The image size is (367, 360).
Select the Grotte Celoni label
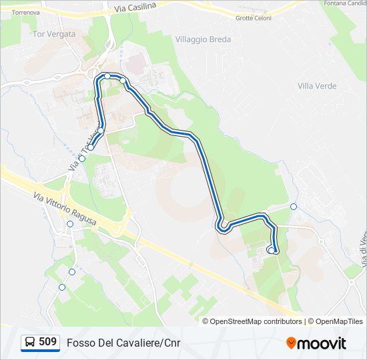click(x=253, y=18)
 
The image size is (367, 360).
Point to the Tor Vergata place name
click(x=53, y=33)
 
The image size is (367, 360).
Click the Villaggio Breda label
click(x=203, y=39)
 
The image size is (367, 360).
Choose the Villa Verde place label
click(x=317, y=86)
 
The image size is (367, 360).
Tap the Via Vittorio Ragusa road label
click(x=65, y=207)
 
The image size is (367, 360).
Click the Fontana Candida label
click(x=344, y=3)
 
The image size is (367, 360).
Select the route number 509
click(x=47, y=342)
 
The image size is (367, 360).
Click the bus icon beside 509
click(x=30, y=343)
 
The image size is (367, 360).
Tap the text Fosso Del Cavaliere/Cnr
click(x=123, y=343)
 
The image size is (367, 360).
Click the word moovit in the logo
click(x=322, y=343)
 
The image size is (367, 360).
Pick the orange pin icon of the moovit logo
click(x=291, y=343)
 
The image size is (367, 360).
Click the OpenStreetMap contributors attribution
click(x=256, y=321)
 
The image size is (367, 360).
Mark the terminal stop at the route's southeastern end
click(x=271, y=250)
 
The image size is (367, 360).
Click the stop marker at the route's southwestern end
click(x=91, y=147)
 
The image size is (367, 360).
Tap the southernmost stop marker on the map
click(x=62, y=287)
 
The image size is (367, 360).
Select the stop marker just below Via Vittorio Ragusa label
click(x=70, y=224)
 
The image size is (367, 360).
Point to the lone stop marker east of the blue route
click(x=294, y=207)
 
